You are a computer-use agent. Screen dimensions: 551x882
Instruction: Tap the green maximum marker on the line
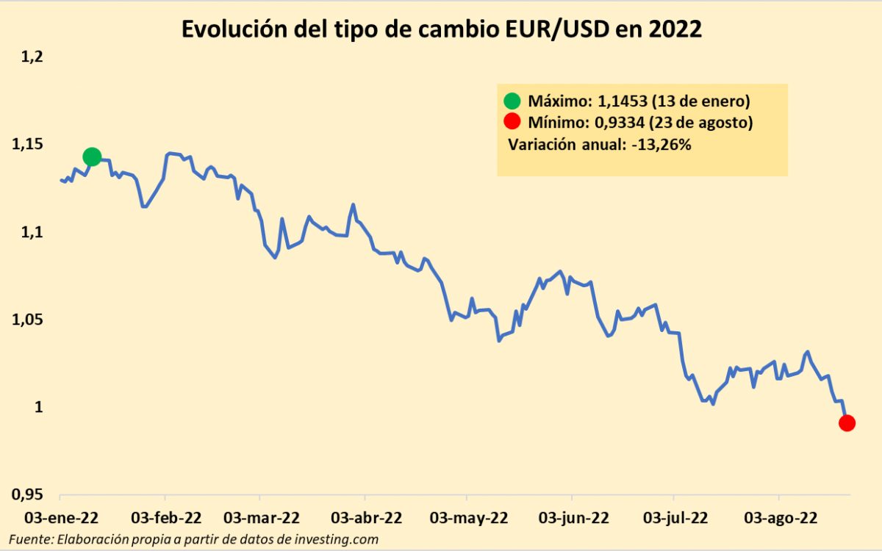pyautogui.click(x=92, y=156)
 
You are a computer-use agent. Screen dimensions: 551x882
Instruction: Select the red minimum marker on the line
pyautogui.click(x=846, y=422)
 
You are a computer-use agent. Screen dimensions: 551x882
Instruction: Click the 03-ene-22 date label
pyautogui.click(x=62, y=518)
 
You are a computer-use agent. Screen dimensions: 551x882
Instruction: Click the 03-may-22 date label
pyautogui.click(x=468, y=518)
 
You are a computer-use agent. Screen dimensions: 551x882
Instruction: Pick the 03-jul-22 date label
pyautogui.click(x=674, y=518)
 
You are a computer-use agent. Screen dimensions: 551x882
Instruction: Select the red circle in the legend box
pyautogui.click(x=512, y=123)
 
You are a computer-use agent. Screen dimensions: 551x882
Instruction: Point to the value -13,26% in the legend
pyautogui.click(x=660, y=145)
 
